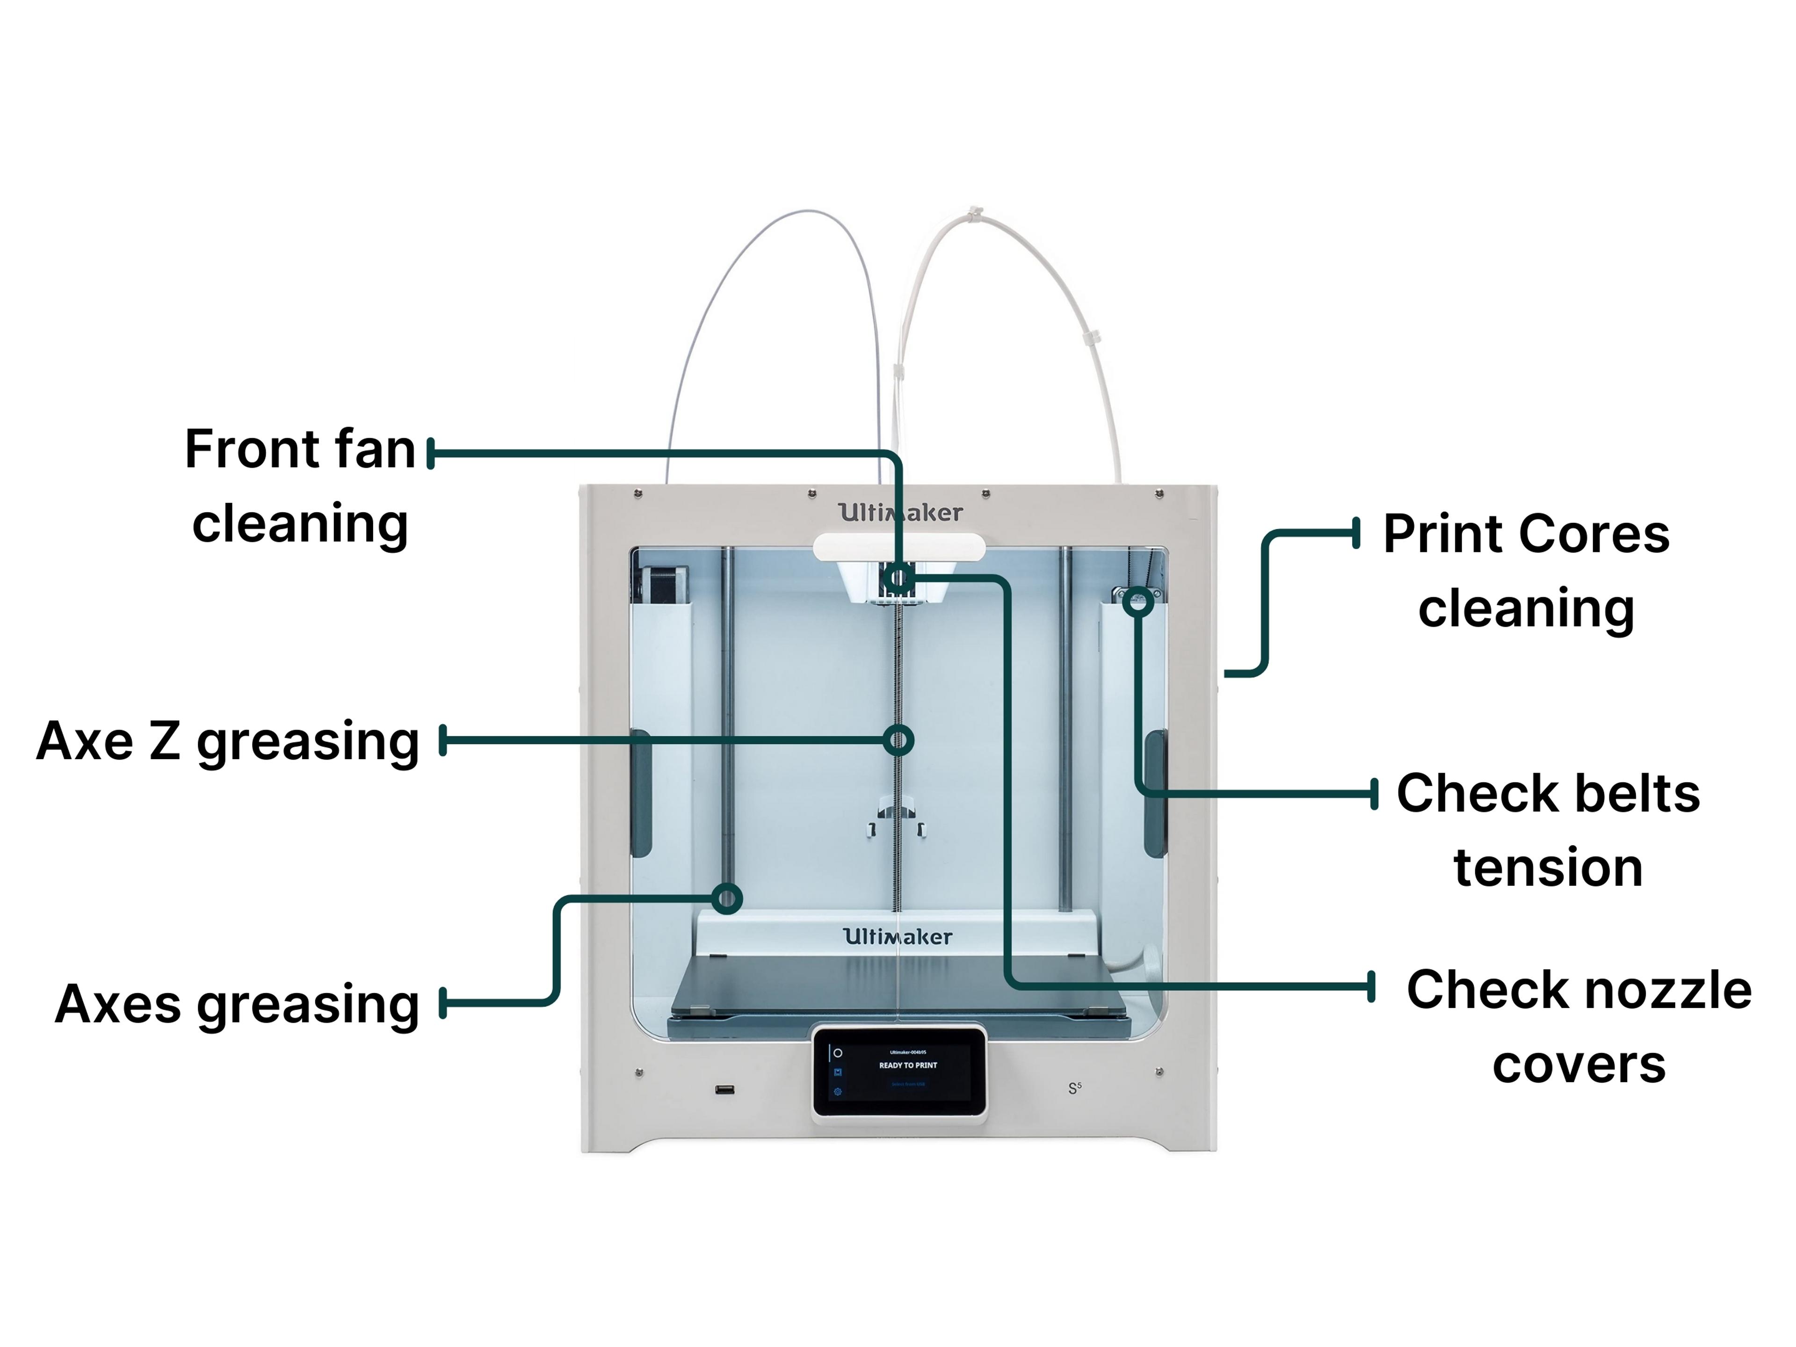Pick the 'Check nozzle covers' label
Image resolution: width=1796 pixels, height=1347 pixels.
(1579, 1026)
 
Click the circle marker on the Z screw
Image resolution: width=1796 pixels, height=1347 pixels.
(898, 739)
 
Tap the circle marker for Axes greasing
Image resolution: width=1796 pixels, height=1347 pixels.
(727, 898)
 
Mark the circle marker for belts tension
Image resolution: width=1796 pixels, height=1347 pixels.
(1138, 602)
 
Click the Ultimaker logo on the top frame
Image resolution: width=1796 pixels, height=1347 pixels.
(899, 512)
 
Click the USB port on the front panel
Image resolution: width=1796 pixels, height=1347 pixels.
(724, 1089)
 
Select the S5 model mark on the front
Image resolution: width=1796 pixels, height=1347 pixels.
(1074, 1088)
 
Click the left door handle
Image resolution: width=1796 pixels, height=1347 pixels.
(641, 792)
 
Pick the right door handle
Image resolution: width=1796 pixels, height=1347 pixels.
(1155, 792)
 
